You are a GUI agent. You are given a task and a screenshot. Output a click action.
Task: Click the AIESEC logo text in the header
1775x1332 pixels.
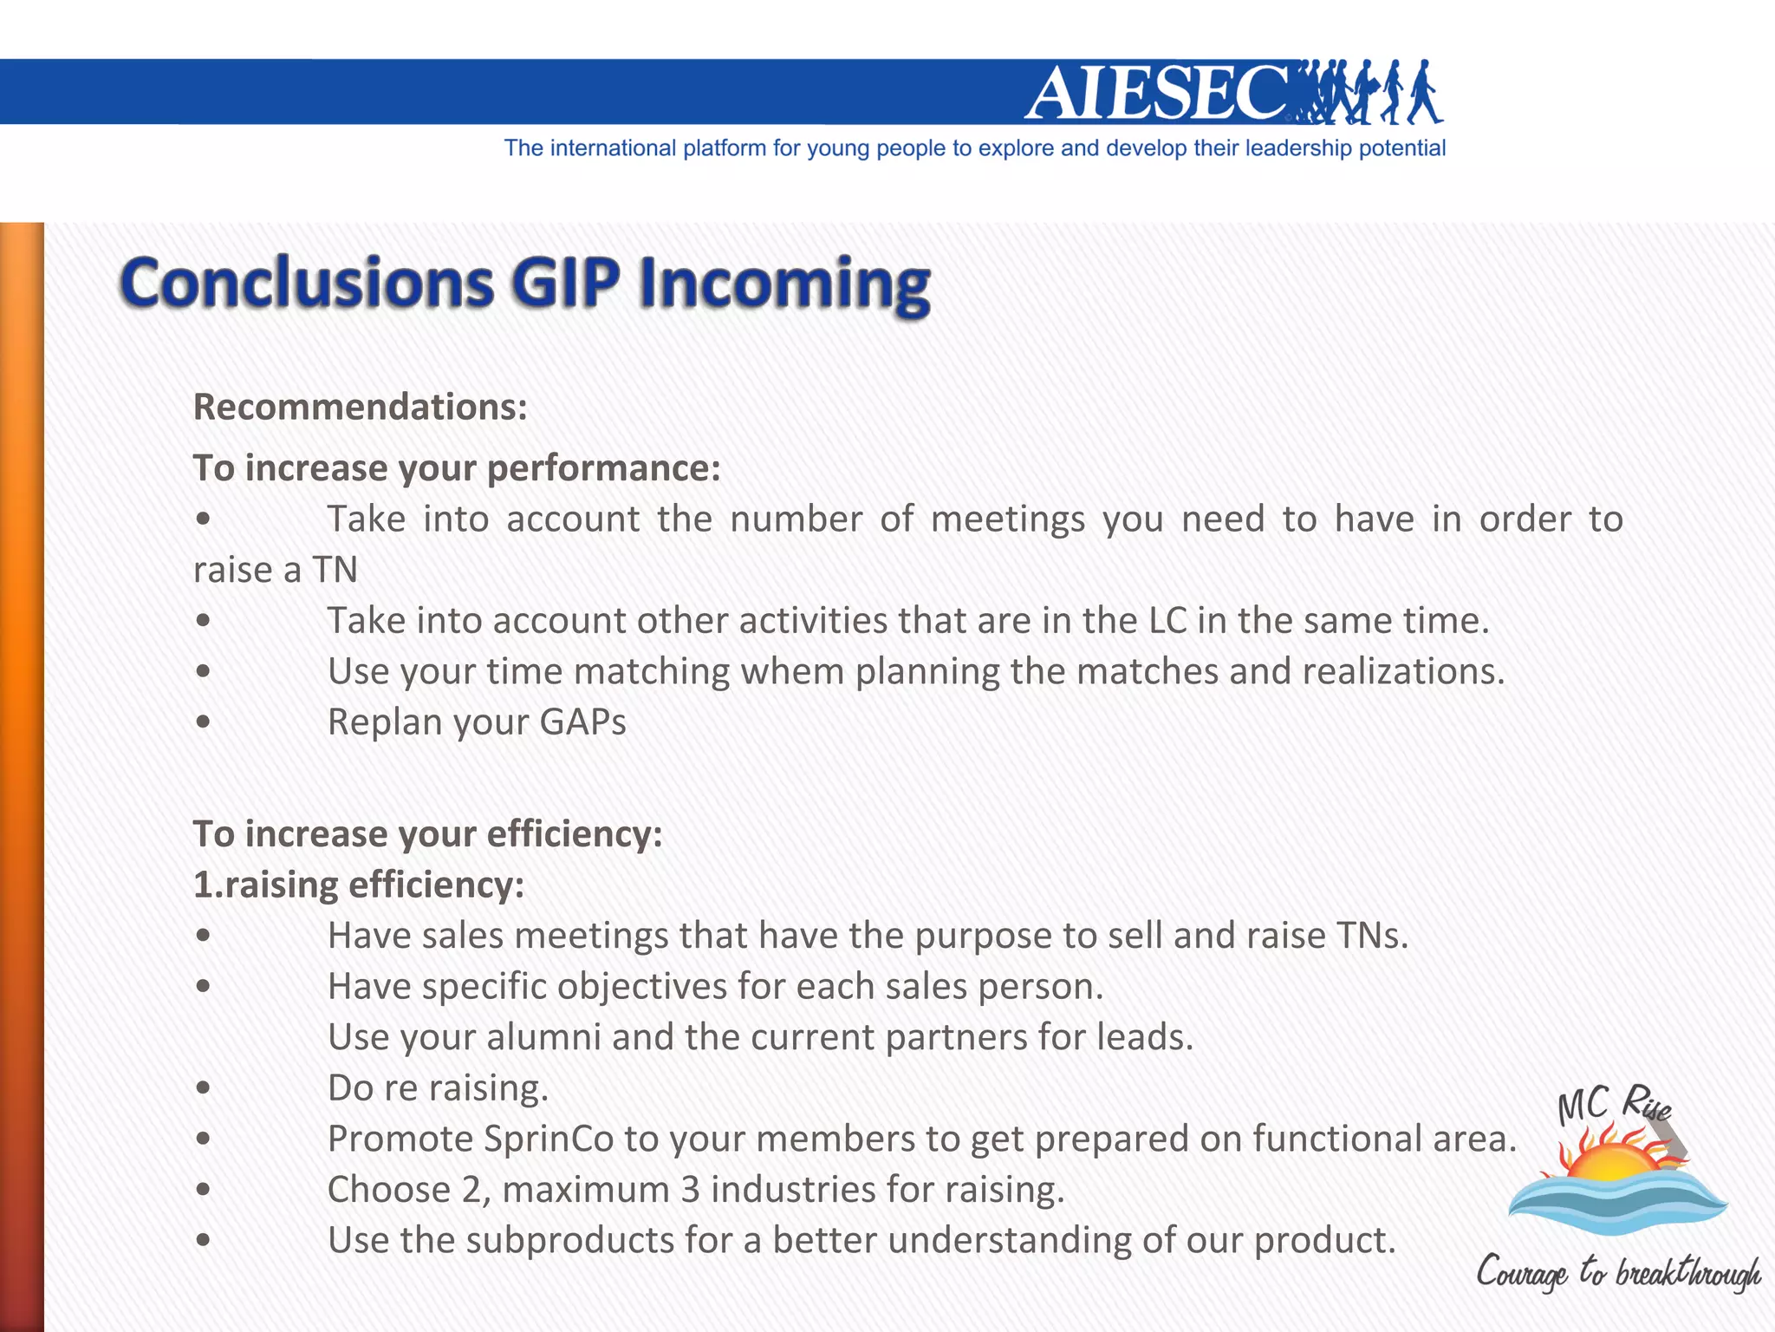[1157, 93]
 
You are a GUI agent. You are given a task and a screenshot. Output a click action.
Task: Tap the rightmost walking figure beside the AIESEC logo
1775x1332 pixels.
[1423, 92]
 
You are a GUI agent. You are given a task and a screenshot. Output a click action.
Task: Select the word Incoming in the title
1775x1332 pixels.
[783, 284]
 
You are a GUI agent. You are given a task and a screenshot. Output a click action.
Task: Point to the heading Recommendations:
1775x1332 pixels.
[360, 407]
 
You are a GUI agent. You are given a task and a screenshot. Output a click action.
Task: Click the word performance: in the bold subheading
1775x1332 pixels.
[603, 468]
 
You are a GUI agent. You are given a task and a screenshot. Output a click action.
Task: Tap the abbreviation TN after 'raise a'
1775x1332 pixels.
[335, 570]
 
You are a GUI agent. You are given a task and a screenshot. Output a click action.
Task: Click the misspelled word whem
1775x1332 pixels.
[792, 671]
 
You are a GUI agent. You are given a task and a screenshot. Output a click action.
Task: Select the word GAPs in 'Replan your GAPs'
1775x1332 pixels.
[582, 722]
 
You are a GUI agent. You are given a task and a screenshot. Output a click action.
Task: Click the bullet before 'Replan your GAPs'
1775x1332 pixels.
[203, 722]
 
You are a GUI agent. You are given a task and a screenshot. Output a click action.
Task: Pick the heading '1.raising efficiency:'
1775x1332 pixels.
[358, 885]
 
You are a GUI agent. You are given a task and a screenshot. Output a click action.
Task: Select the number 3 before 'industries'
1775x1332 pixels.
[690, 1190]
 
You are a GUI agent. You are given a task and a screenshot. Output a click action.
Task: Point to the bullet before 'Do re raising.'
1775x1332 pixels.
[203, 1088]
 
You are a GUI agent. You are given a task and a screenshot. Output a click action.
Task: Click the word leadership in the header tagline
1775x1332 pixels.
[1297, 148]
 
